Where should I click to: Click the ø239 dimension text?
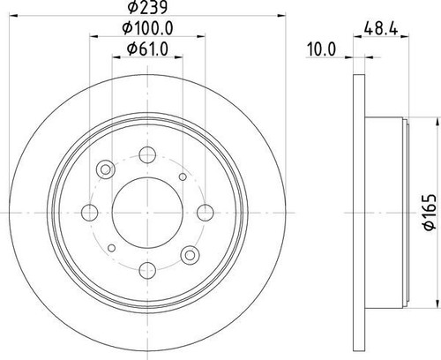tap(146, 10)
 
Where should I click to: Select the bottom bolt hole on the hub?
tap(146, 269)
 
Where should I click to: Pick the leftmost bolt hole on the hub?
tap(88, 211)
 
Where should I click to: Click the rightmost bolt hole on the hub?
tap(205, 211)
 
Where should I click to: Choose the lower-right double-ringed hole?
tap(188, 254)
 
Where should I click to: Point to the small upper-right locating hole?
tap(183, 177)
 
